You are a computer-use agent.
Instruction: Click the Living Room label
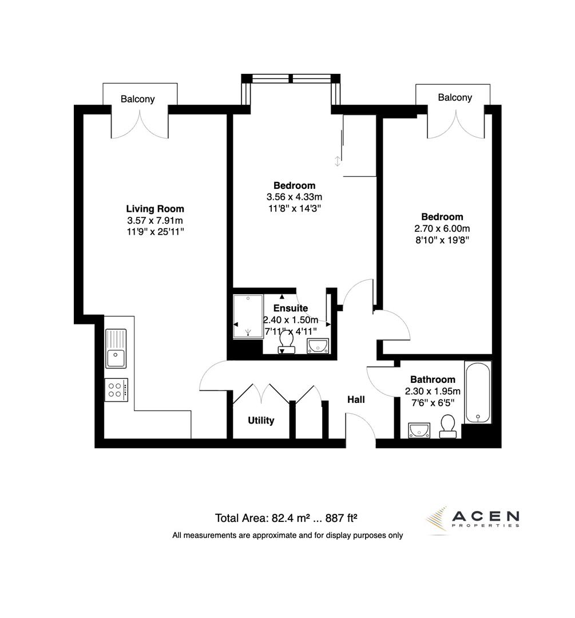pos(155,209)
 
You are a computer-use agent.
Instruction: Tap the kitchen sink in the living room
pos(116,348)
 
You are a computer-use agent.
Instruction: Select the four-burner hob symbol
pos(116,390)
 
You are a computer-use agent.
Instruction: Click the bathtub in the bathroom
pos(477,393)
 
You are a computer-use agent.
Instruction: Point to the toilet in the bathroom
pos(447,426)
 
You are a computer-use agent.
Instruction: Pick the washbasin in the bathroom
pos(419,430)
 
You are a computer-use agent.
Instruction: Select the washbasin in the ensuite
pos(318,346)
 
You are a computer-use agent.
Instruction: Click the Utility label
pos(261,421)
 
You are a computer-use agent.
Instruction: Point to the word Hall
pos(356,400)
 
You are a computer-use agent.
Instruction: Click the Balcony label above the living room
pos(137,99)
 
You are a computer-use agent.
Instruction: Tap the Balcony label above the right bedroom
pos(455,97)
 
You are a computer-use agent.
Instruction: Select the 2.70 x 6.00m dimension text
pos(442,228)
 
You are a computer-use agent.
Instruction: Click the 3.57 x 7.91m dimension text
pos(155,220)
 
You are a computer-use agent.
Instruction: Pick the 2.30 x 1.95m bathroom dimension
pos(433,391)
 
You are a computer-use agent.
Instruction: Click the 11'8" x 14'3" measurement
pos(294,208)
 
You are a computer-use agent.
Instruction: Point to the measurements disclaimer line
pos(288,536)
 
